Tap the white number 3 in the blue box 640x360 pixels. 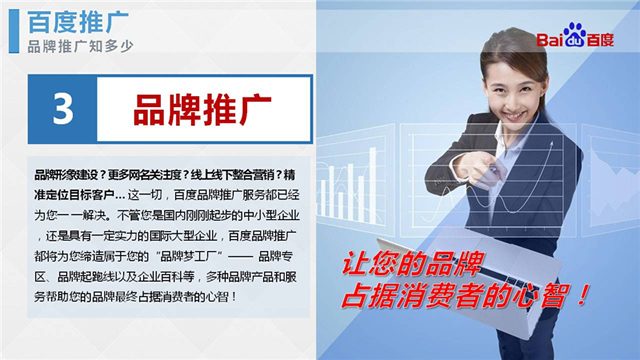[x=63, y=109]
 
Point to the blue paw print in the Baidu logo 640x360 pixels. [x=575, y=39]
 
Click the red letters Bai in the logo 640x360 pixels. [x=553, y=40]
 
